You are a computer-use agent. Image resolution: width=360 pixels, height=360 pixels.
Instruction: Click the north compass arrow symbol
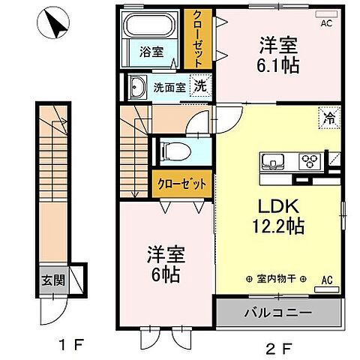(x=55, y=23)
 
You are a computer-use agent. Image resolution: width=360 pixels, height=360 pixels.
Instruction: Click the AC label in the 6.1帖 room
(x=325, y=24)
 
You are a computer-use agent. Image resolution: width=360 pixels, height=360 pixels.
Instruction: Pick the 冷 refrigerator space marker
(x=328, y=116)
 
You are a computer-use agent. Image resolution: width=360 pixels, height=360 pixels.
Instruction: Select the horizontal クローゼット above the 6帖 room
(x=180, y=182)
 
